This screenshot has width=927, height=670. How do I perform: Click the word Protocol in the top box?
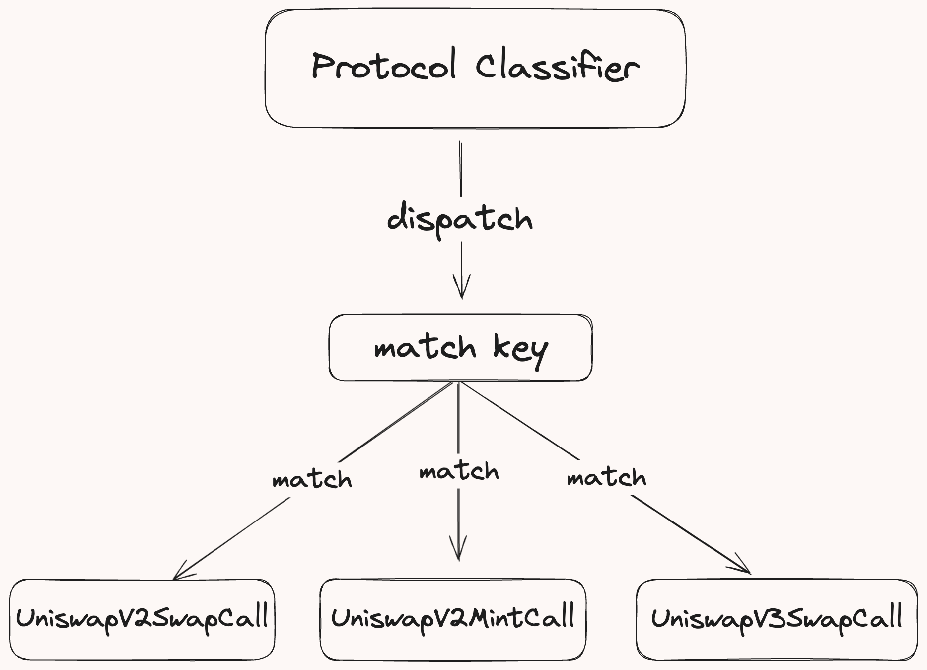coord(383,66)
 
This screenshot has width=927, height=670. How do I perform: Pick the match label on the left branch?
coord(312,479)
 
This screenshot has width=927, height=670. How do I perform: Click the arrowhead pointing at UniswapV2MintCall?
coord(458,548)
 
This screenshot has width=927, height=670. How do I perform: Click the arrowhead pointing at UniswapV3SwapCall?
coord(742,566)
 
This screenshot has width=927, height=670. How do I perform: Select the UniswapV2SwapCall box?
coord(142,619)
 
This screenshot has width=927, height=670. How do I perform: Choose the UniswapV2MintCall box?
coord(453,619)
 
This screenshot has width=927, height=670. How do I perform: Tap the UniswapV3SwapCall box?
coord(777,619)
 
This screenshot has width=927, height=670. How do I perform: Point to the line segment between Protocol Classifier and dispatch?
coord(461,169)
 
